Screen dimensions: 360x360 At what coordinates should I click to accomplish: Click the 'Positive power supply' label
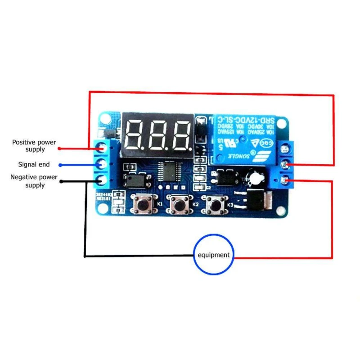(x=34, y=145)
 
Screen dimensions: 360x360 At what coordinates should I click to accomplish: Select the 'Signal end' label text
(x=34, y=165)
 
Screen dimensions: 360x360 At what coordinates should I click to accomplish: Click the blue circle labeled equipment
(x=214, y=255)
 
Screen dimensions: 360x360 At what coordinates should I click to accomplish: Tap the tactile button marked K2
(x=179, y=205)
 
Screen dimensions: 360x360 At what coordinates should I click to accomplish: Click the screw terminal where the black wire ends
(x=103, y=180)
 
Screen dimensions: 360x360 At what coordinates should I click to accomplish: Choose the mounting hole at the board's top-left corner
(x=105, y=119)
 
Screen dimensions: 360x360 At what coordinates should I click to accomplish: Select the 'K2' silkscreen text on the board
(x=195, y=204)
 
